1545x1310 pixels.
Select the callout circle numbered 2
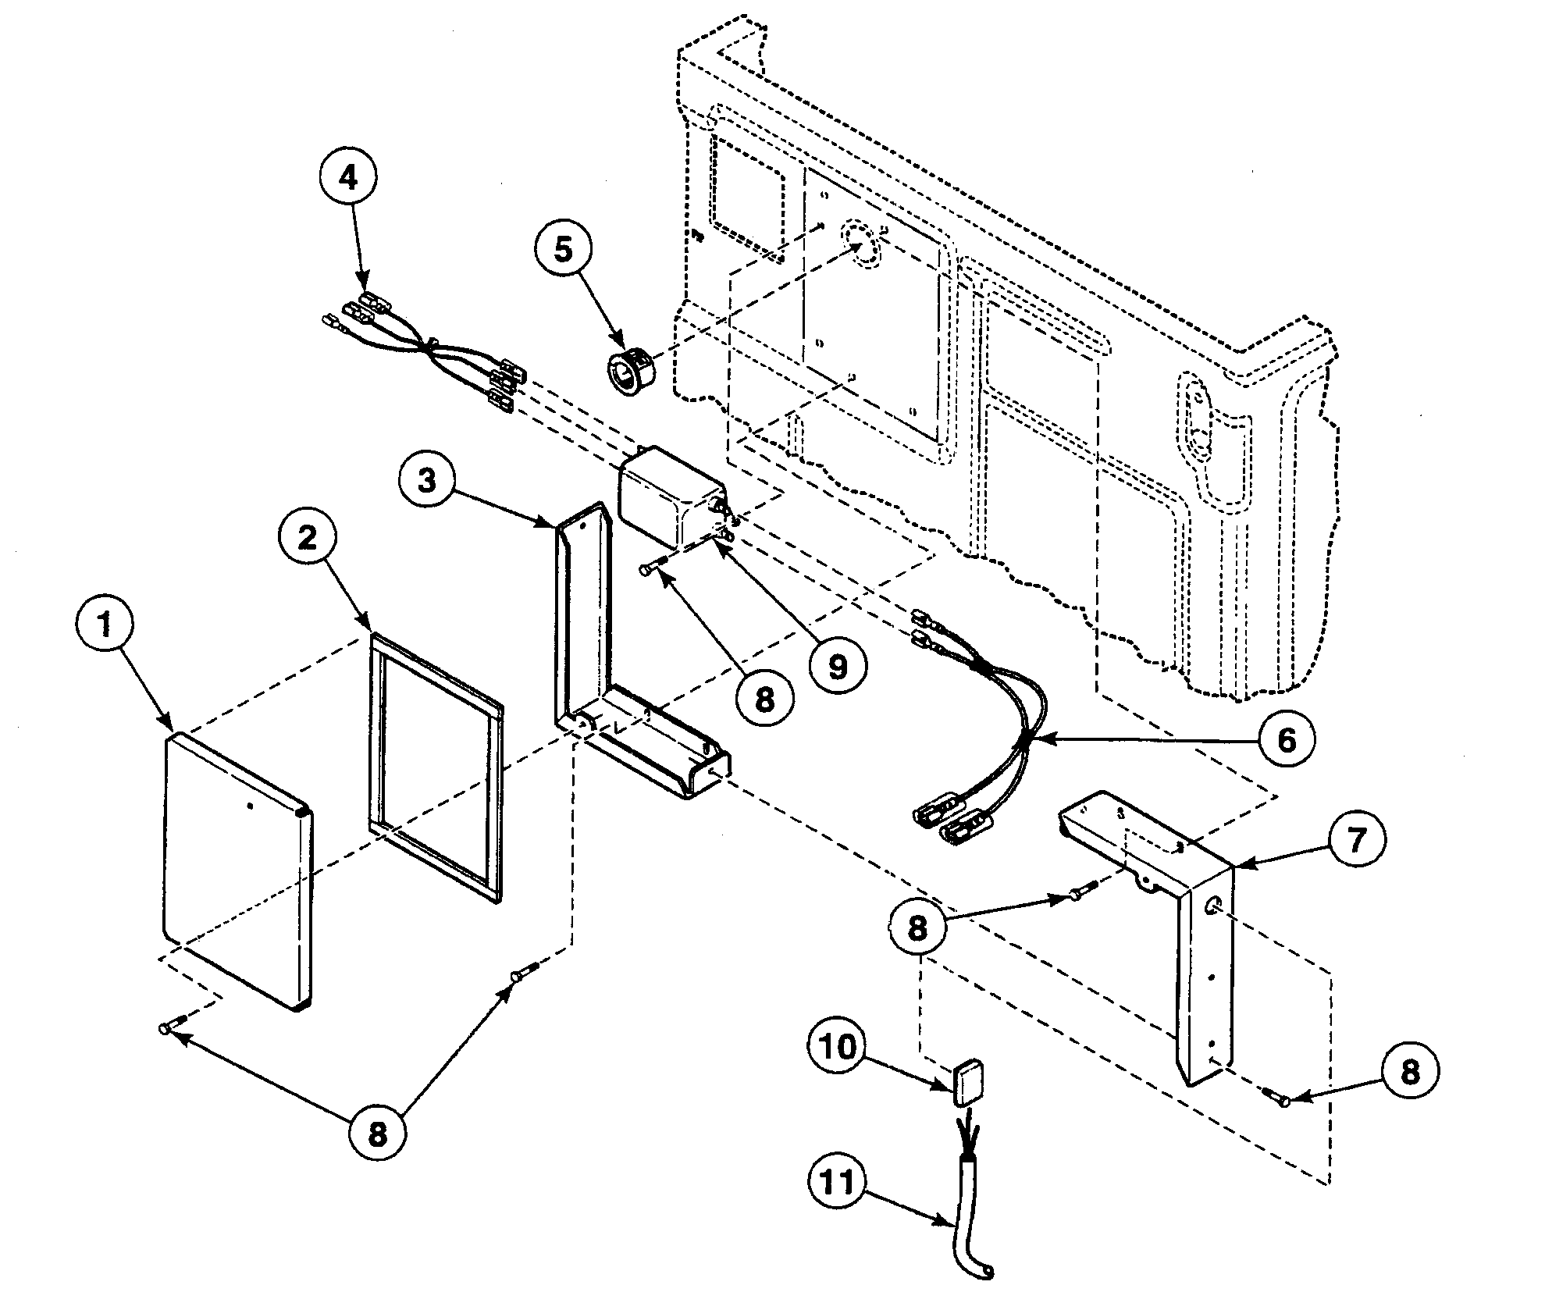tap(308, 538)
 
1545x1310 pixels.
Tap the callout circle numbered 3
tap(426, 481)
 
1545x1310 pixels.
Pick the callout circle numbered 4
tap(347, 177)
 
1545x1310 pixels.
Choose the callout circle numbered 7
tap(1357, 841)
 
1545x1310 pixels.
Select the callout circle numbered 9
tap(838, 667)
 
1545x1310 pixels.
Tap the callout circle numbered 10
tap(837, 1047)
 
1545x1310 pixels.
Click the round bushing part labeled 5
tap(632, 369)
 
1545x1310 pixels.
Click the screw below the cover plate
tap(170, 1028)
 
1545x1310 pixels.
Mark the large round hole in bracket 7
tap(1213, 906)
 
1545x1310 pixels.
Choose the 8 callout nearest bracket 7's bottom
tap(1409, 1072)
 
